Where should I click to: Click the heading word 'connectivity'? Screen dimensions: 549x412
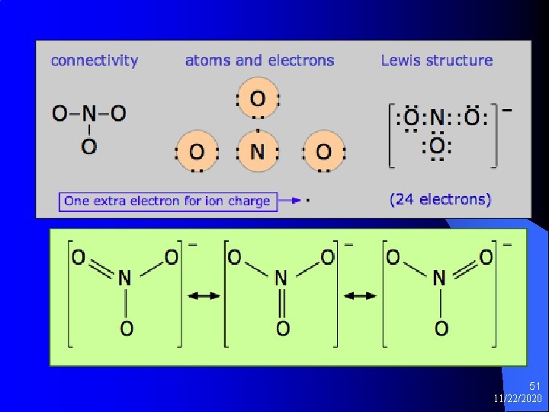click(95, 61)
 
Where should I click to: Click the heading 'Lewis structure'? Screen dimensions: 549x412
click(437, 61)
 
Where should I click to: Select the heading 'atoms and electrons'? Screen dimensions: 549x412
click(259, 61)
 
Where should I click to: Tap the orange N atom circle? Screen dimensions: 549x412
click(258, 151)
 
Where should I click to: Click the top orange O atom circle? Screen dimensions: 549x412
click(258, 99)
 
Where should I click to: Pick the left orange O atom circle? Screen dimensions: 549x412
click(197, 151)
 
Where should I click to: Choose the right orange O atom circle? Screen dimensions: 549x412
click(324, 151)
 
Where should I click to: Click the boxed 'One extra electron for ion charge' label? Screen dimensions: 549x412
click(168, 201)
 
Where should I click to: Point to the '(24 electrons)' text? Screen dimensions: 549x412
click(441, 200)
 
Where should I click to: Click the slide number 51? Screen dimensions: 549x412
click(533, 387)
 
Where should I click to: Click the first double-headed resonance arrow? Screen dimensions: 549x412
click(204, 296)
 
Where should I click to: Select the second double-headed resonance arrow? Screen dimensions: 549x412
click(361, 296)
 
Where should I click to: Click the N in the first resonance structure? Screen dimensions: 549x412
click(125, 278)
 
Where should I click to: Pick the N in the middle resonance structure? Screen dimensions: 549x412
click(281, 278)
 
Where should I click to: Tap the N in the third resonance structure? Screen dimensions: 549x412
click(439, 278)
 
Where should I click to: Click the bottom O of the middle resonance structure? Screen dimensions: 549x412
click(282, 329)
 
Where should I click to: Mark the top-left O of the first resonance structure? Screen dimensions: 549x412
click(79, 258)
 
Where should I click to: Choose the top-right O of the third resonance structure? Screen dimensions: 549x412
click(486, 258)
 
